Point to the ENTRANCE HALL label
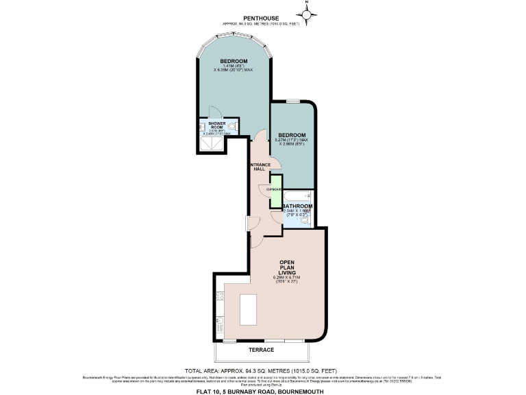(x=260, y=167)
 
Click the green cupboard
(x=275, y=193)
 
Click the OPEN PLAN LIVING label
(x=288, y=266)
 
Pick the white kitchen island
(x=248, y=310)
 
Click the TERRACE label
(x=261, y=350)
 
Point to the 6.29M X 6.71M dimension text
(x=288, y=278)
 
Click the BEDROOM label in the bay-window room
(x=234, y=62)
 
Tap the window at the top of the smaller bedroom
(x=293, y=101)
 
